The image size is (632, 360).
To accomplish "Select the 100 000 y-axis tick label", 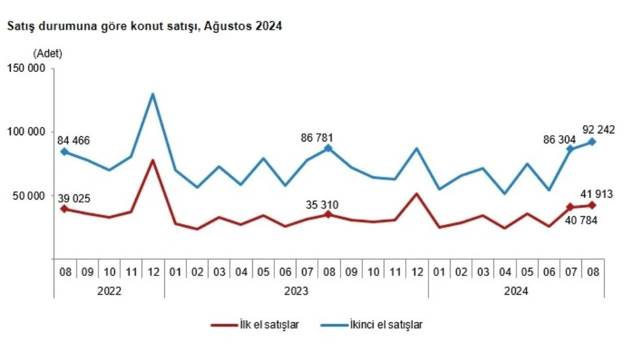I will [26, 132].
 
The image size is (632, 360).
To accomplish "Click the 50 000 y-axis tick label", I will [28, 195].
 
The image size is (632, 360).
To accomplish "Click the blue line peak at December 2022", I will [152, 95].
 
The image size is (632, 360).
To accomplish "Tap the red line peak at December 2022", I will [152, 160].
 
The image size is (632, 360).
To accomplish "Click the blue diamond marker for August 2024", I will [592, 141].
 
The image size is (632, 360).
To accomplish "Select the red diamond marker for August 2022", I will [64, 208].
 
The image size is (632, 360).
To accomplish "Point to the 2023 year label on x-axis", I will [296, 291].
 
